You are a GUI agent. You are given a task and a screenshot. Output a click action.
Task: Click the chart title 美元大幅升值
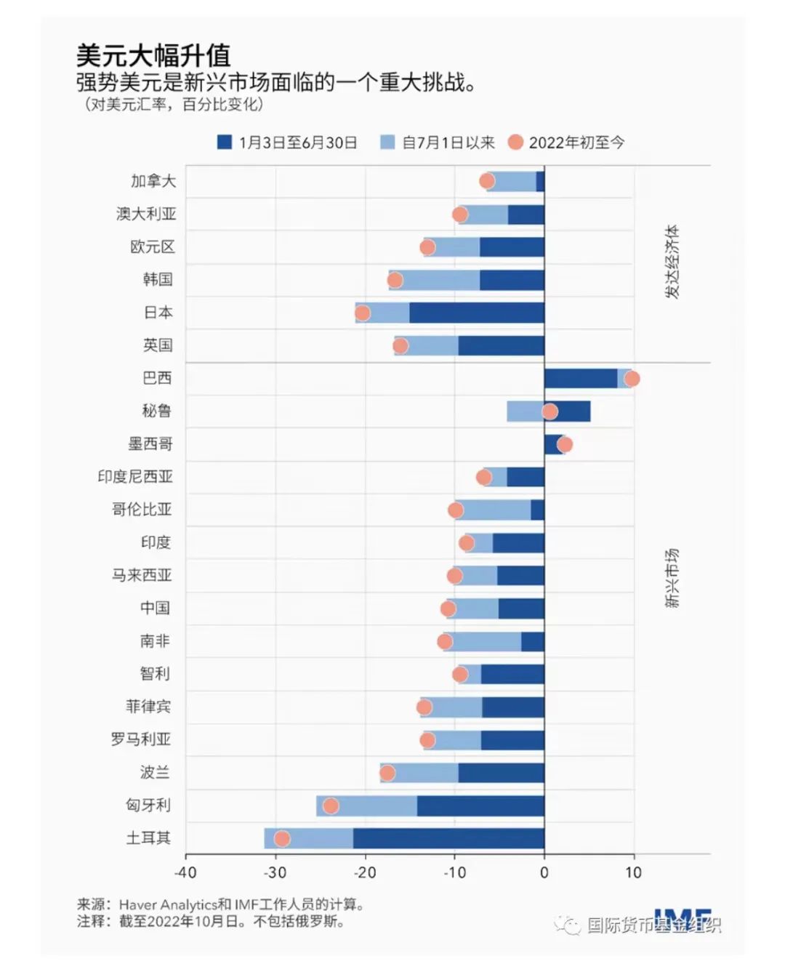(153, 56)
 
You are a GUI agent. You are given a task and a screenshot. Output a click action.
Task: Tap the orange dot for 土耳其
(282, 838)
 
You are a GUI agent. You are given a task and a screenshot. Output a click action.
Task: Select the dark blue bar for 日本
(476, 313)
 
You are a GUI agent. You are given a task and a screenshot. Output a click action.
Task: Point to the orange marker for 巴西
(632, 379)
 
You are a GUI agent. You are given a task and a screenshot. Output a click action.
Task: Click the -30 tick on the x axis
(275, 872)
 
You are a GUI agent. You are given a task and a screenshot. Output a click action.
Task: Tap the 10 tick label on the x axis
(634, 872)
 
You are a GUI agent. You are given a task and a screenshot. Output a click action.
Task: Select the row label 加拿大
(153, 181)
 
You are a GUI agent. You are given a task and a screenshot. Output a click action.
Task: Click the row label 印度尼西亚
(135, 477)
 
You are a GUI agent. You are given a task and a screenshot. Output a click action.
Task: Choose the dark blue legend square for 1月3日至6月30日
(225, 142)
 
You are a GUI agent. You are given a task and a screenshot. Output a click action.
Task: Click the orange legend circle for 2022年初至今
(515, 142)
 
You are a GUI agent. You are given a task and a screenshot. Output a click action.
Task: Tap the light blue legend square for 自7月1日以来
(387, 142)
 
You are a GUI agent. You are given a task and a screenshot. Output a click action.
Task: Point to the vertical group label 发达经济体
(672, 262)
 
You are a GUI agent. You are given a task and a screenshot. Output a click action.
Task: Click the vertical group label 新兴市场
(672, 578)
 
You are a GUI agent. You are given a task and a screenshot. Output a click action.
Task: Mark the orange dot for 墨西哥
(564, 444)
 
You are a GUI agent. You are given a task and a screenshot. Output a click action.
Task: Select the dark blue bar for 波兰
(501, 773)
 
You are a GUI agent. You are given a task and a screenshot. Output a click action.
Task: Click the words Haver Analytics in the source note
(168, 905)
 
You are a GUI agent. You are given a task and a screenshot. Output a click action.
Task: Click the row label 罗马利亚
(141, 739)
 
